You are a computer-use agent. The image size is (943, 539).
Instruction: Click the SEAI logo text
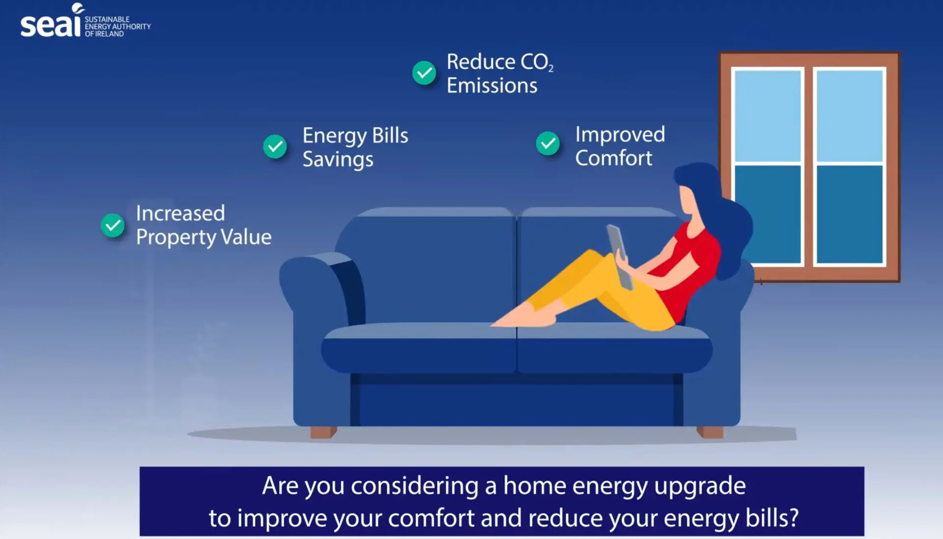[50, 22]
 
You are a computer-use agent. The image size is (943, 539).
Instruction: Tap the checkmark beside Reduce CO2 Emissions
[424, 73]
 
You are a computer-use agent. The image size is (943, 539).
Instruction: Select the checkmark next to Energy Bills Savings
[275, 146]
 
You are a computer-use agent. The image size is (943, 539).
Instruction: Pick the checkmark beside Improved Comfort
[548, 143]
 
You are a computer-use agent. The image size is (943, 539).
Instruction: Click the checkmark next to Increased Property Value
[112, 225]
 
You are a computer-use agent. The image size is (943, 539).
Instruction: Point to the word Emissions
[492, 85]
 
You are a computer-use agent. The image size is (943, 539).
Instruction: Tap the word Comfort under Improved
[614, 158]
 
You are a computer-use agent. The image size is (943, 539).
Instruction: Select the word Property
[176, 238]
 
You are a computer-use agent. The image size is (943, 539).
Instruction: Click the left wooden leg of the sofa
[323, 432]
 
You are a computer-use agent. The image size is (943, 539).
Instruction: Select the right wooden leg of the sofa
[710, 432]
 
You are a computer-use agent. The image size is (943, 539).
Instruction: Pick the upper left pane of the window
[768, 115]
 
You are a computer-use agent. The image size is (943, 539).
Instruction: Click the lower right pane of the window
[850, 214]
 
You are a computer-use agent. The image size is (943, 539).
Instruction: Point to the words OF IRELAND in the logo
[104, 34]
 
